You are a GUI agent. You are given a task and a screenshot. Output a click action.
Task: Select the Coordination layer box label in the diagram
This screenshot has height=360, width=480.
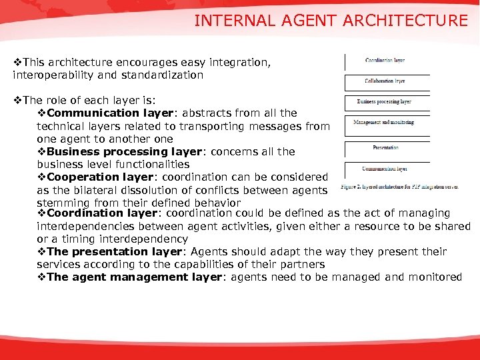[x=385, y=61]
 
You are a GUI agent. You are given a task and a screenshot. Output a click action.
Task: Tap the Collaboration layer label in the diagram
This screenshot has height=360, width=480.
[x=385, y=81]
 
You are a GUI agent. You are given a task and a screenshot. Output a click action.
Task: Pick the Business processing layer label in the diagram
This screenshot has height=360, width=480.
[x=384, y=102]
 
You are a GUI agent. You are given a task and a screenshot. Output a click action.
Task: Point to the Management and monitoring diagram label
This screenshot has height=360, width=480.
[x=383, y=123]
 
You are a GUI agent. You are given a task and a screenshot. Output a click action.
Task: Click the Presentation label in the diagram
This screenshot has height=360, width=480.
[x=385, y=147]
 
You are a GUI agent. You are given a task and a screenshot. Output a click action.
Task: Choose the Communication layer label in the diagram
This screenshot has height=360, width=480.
[x=384, y=169]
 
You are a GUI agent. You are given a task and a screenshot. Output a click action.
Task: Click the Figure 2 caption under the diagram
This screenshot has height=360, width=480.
[x=399, y=187]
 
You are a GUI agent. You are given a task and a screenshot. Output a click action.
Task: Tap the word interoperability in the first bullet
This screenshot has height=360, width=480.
[x=51, y=75]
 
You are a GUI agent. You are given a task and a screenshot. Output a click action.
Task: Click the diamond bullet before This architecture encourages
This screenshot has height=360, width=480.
[x=18, y=63]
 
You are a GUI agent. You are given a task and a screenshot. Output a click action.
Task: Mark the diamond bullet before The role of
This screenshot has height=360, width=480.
[x=18, y=101]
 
